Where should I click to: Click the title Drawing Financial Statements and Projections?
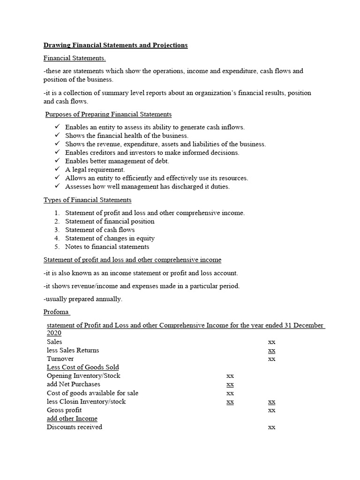point(115,45)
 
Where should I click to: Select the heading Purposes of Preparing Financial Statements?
point(108,114)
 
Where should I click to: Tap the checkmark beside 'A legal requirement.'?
point(57,170)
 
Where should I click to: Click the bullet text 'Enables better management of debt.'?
point(117,161)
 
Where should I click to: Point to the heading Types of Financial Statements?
point(87,200)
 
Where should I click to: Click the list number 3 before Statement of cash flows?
point(57,230)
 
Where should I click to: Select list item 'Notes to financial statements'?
point(107,247)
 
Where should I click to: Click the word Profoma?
point(56,312)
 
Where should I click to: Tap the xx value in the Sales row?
point(271,342)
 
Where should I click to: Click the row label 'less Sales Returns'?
point(73,350)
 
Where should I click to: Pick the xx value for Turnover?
point(271,359)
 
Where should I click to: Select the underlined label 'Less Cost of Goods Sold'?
point(82,367)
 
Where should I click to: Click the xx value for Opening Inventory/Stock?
point(230,376)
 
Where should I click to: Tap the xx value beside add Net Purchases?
point(230,384)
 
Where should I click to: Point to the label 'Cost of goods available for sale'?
point(92,393)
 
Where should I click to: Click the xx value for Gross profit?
point(271,410)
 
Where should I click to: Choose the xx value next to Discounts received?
point(271,427)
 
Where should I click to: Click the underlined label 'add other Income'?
point(72,418)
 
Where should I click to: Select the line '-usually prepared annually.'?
point(83,299)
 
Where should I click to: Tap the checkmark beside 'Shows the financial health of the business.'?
point(57,135)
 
